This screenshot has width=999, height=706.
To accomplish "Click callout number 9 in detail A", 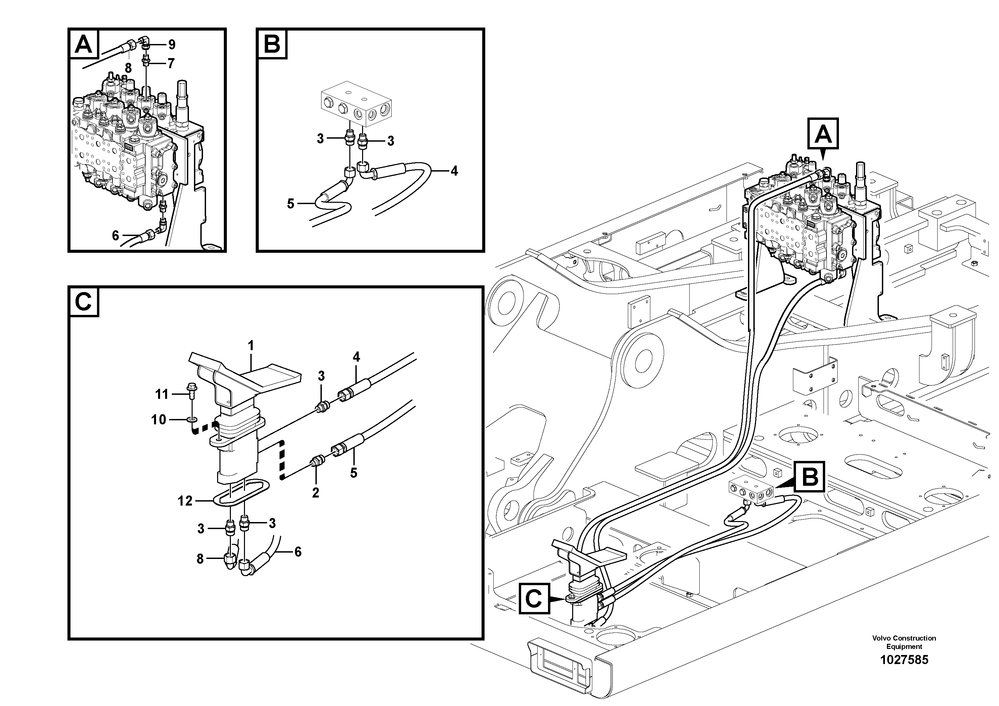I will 171,44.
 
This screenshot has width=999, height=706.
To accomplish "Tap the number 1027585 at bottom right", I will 904,660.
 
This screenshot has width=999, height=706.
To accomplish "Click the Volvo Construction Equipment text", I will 904,642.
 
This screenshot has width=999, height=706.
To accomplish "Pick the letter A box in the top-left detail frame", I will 84,44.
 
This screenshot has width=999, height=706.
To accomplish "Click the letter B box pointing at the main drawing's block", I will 809,477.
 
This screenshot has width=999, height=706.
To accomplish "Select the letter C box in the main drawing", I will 534,599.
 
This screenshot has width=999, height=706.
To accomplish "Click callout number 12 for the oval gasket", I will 185,501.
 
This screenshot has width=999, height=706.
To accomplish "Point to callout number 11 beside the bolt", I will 162,394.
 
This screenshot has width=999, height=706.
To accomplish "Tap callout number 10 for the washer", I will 159,420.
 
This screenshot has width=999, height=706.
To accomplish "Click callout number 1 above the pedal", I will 251,346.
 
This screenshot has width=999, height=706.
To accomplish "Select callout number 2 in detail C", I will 315,493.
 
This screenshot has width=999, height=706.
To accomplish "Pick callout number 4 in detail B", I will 454,171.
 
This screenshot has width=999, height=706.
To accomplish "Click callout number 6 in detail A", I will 115,235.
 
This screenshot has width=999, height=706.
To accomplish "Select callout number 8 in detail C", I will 200,559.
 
